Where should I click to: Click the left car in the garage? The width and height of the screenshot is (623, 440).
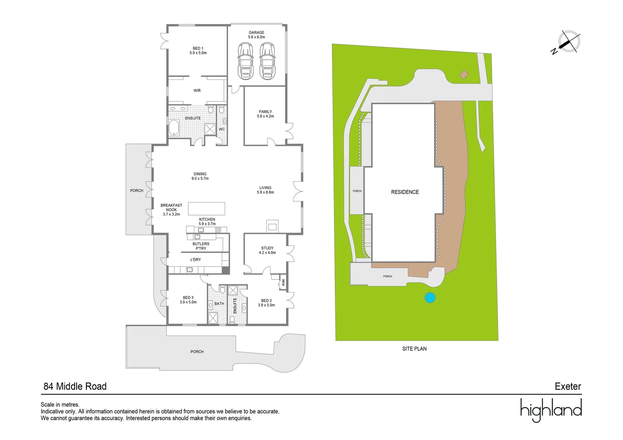pyautogui.click(x=245, y=61)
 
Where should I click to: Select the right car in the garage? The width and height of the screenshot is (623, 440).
pyautogui.click(x=267, y=61)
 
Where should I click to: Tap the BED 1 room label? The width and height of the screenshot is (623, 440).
pyautogui.click(x=198, y=51)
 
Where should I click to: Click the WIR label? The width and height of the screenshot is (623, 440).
pyautogui.click(x=197, y=90)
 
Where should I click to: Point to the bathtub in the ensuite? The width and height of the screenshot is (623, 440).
pyautogui.click(x=175, y=128)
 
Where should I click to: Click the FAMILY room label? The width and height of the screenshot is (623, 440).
pyautogui.click(x=265, y=114)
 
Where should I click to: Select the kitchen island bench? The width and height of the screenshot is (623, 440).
pyautogui.click(x=206, y=209)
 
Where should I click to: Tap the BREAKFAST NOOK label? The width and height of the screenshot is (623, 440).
pyautogui.click(x=171, y=210)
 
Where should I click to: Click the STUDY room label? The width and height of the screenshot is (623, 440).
pyautogui.click(x=267, y=251)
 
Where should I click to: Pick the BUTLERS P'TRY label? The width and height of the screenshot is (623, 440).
pyautogui.click(x=201, y=246)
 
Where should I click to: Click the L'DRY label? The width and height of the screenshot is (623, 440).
pyautogui.click(x=196, y=260)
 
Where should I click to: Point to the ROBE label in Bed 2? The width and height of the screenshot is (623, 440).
pyautogui.click(x=283, y=282)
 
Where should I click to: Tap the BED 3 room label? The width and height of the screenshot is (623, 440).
pyautogui.click(x=188, y=300)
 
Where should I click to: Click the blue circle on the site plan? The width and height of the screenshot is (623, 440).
pyautogui.click(x=430, y=298)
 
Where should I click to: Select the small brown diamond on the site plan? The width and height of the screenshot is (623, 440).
pyautogui.click(x=464, y=75)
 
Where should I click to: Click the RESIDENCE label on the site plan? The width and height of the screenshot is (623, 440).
pyautogui.click(x=405, y=192)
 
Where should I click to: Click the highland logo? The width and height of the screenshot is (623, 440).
pyautogui.click(x=551, y=410)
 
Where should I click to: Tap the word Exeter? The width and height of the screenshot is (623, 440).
pyautogui.click(x=568, y=386)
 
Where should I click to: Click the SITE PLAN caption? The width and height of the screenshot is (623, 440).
pyautogui.click(x=414, y=349)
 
